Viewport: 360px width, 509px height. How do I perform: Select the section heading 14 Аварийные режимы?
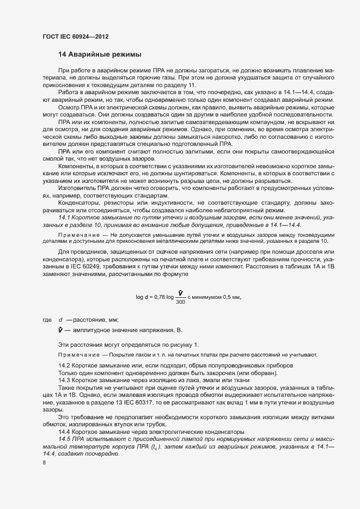click(x=100, y=54)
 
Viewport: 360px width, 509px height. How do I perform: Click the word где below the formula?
click(x=47, y=320)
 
